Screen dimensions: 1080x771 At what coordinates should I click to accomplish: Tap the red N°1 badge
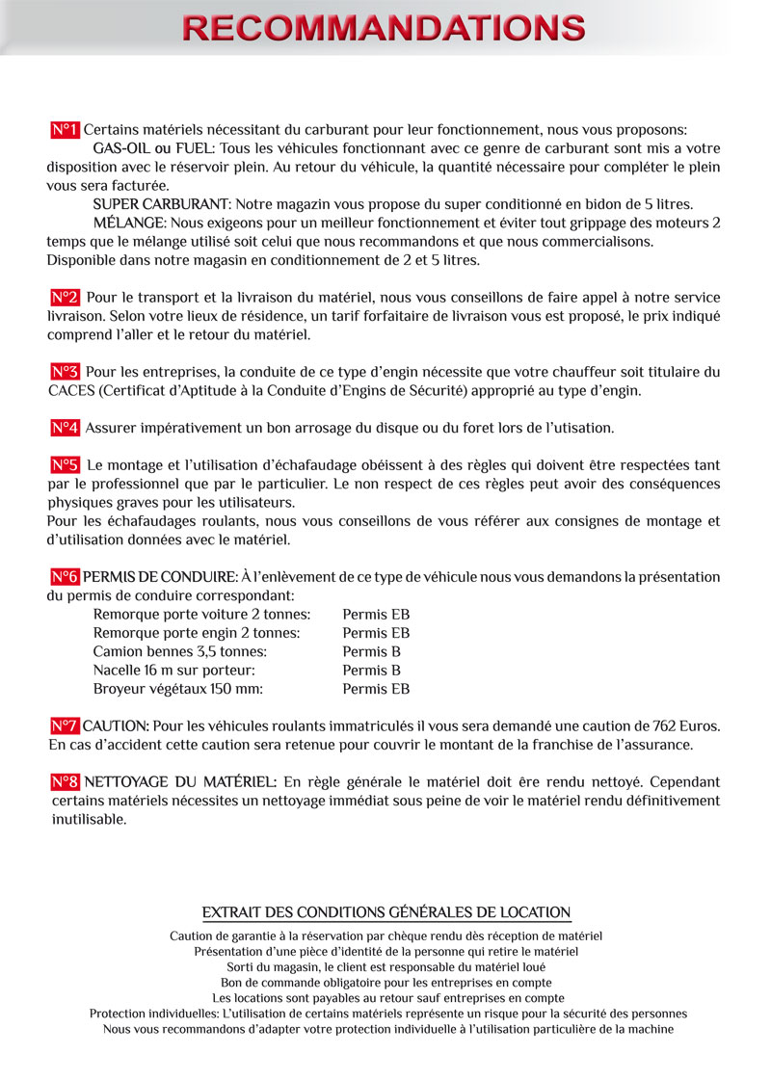coord(65,130)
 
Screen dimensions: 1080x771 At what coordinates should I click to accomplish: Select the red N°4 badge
coord(65,428)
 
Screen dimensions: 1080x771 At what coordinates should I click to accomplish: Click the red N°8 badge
coord(65,782)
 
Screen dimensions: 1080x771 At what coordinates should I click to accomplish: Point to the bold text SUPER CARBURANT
coord(161,204)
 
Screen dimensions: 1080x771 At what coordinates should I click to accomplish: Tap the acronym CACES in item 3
coord(71,391)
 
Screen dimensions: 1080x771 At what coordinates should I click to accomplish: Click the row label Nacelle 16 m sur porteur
coord(173,670)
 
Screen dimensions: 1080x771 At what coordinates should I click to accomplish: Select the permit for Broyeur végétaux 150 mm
coord(376,689)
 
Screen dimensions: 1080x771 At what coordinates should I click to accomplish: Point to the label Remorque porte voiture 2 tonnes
coord(201,615)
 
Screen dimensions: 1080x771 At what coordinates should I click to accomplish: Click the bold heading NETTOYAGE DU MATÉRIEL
coord(180,782)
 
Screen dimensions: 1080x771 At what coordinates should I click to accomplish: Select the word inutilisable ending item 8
coord(89,820)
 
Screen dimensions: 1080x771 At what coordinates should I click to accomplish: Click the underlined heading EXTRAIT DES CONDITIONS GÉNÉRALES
coord(385,912)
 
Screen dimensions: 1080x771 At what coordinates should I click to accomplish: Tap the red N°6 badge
coord(65,577)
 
